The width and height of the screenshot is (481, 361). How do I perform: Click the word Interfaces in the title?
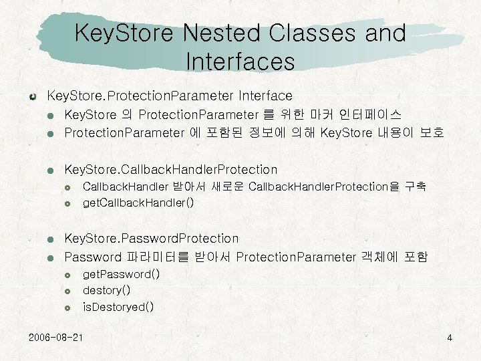[240, 61]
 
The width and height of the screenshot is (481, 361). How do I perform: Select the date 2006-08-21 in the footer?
[56, 337]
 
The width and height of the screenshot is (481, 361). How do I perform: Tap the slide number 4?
[450, 338]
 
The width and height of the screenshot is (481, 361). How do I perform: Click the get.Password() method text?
[121, 274]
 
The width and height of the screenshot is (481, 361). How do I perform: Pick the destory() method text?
[106, 290]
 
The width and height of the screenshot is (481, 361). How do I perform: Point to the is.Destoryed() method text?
[118, 307]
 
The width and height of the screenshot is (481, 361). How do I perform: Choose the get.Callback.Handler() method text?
[138, 203]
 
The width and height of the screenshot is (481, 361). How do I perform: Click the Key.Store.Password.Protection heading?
[151, 238]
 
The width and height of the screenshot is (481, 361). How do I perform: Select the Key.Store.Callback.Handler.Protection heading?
[170, 169]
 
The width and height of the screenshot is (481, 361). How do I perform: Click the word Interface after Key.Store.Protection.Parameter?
[265, 96]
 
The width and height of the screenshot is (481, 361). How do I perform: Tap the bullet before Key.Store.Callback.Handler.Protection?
[50, 170]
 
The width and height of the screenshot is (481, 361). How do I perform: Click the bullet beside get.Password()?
[67, 275]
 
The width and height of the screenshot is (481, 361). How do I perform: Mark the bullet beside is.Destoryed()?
[67, 308]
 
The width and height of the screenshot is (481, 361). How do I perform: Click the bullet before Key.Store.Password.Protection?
[50, 239]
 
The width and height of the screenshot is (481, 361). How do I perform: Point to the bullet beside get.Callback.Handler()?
[67, 203]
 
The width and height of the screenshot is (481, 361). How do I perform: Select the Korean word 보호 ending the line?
[432, 132]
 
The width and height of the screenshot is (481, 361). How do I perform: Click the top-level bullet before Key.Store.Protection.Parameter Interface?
[33, 97]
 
